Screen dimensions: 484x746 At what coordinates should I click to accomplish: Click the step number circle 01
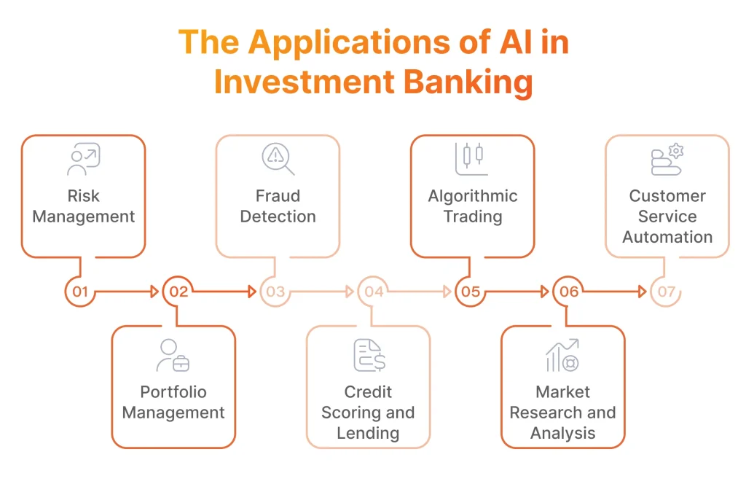coord(80,292)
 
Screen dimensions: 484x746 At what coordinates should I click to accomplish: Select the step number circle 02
coord(178,292)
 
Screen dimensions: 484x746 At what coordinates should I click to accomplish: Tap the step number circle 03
coord(275,292)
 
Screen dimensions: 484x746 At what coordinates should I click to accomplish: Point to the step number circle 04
coord(373,292)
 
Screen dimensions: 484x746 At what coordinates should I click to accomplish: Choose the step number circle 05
coord(471,292)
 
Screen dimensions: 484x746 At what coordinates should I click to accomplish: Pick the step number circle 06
coord(568,292)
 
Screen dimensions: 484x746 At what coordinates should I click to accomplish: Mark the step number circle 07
coord(666,292)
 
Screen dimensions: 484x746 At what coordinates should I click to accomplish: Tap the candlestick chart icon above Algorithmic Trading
coord(472,159)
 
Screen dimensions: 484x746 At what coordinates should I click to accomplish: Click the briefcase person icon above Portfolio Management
coord(173,355)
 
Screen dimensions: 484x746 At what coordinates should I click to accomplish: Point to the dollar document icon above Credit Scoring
coord(369,355)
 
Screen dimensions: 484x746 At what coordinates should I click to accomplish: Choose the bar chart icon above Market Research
coord(562,355)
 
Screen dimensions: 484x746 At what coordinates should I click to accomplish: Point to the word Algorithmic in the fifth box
coord(473,196)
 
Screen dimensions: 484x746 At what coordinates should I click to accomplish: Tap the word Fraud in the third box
coord(278,196)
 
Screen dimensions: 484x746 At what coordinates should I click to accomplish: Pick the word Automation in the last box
coord(667,237)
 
